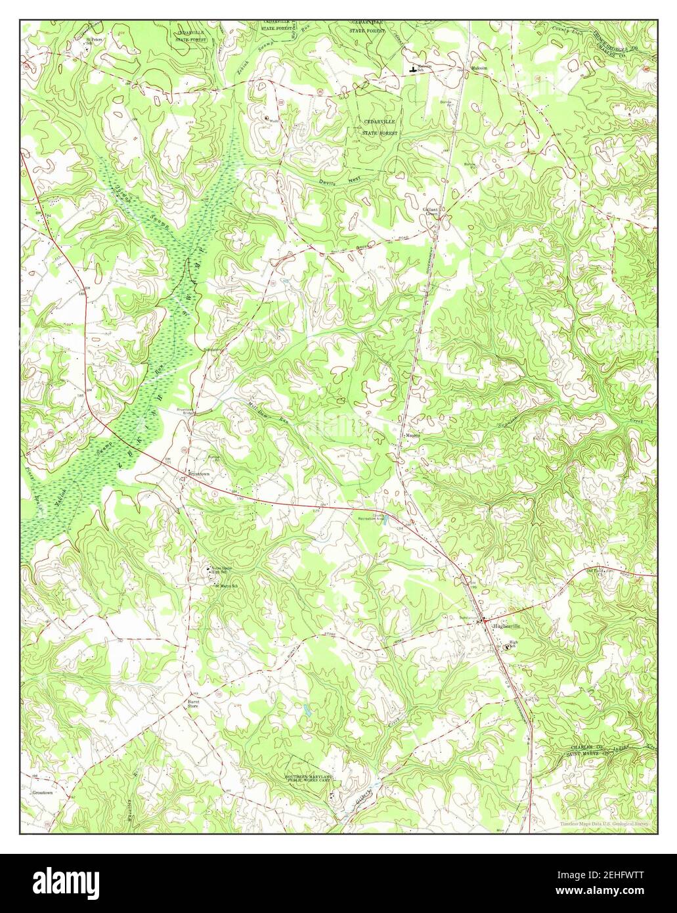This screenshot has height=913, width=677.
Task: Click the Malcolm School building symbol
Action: [x=412, y=68]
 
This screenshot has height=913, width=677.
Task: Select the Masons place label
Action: [x=412, y=434]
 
